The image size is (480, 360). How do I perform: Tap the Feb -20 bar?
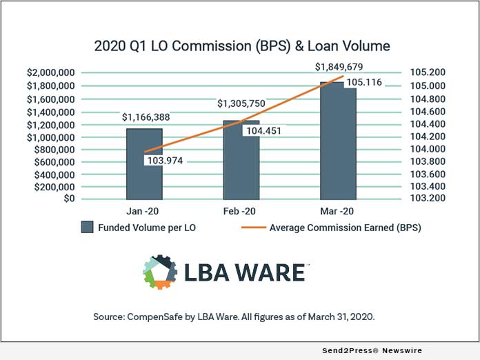[241, 166]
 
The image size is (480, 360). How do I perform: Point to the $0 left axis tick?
[67, 199]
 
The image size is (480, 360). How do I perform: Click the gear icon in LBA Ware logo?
[159, 271]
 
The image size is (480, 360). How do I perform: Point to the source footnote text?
[240, 317]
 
